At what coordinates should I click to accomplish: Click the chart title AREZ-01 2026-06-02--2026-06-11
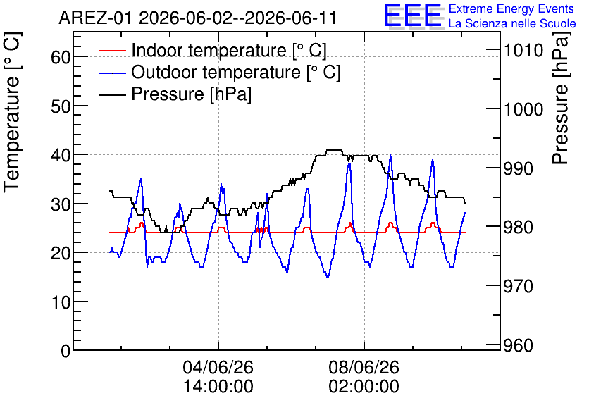tap(197, 18)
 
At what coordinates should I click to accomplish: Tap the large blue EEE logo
tap(413, 15)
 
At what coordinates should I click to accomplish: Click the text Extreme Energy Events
tap(512, 8)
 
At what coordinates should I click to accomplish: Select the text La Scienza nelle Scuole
tap(512, 24)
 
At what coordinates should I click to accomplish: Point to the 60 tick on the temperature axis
tap(61, 58)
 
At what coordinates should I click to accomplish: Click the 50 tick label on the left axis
tap(61, 106)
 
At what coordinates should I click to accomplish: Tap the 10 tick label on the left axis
tap(61, 302)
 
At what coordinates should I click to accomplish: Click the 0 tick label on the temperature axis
tap(66, 351)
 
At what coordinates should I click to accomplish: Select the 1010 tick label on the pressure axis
tap(523, 50)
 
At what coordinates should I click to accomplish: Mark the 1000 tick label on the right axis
tap(523, 109)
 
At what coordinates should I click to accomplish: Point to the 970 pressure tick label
tap(519, 286)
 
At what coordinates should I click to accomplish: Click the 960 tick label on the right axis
tap(519, 345)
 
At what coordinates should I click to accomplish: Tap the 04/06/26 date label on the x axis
tap(218, 367)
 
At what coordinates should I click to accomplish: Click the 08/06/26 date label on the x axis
tap(364, 367)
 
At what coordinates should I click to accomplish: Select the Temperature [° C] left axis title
tap(12, 113)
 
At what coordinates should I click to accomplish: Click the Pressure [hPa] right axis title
tap(560, 98)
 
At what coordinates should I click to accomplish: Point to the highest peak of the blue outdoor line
tap(390, 154)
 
